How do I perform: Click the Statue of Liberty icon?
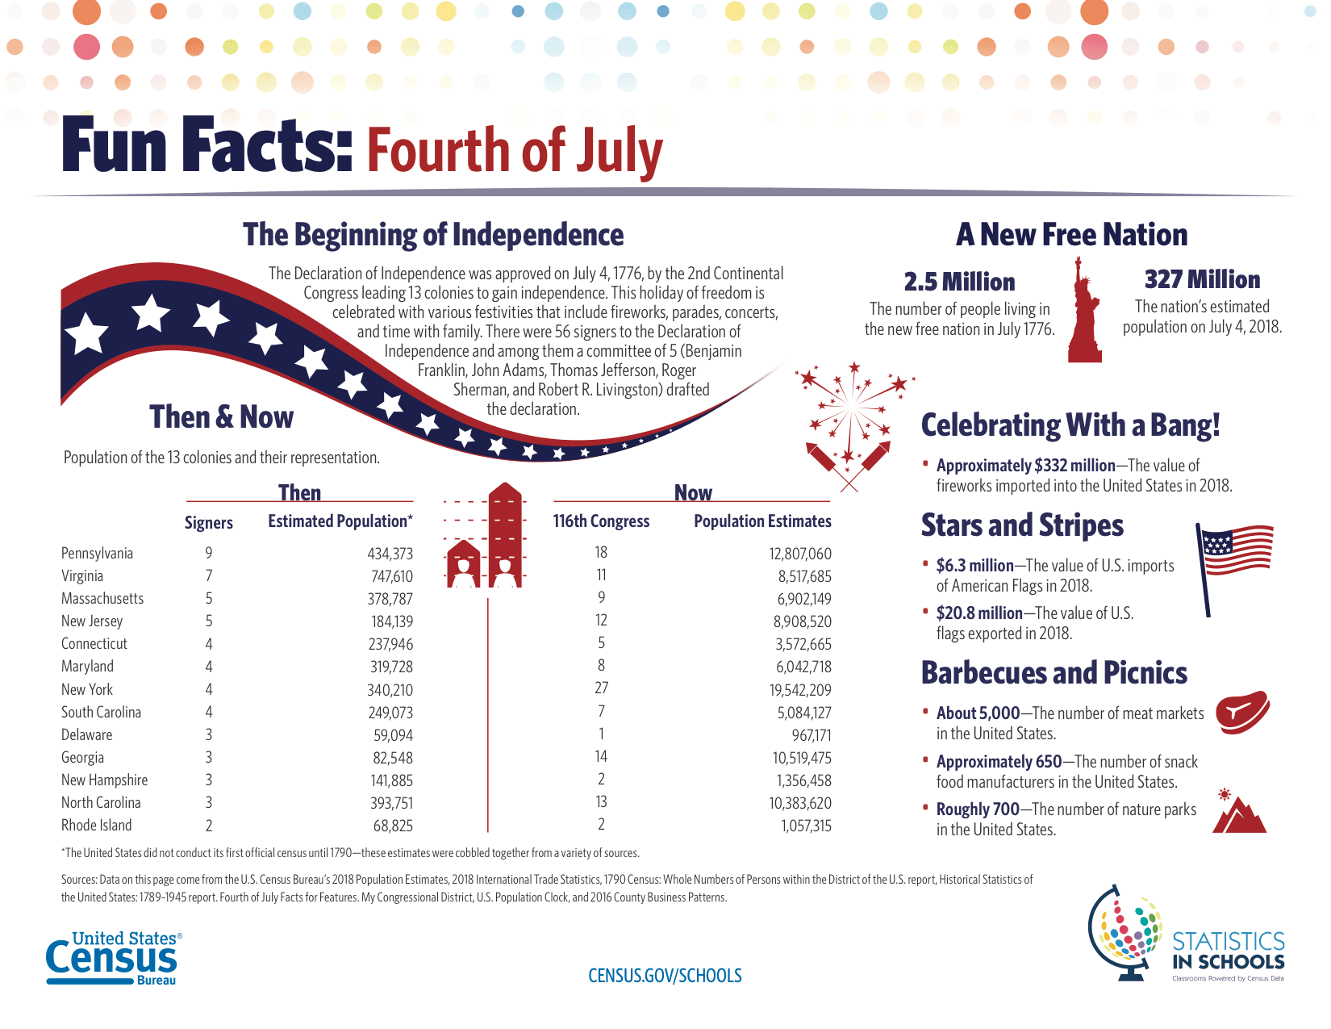1085,311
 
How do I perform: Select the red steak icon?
1242,711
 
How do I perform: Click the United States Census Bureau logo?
112,958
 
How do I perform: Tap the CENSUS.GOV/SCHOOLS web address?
665,976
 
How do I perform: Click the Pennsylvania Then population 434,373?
390,554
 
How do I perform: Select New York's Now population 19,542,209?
800,690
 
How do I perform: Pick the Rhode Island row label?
96,826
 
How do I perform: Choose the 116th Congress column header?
601,521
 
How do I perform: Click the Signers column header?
208,523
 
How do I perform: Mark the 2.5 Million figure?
959,282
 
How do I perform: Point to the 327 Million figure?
1202,280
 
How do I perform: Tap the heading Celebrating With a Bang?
1070,425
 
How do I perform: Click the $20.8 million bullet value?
979,613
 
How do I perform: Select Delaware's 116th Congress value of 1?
602,734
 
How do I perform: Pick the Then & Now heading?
221,417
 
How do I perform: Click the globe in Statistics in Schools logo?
1126,932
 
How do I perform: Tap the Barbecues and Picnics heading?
1054,673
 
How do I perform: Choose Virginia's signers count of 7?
209,576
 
